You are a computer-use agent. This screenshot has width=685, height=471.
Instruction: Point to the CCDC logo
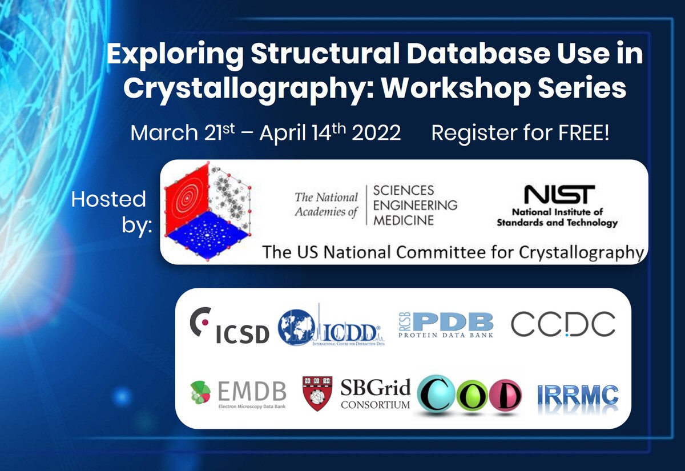tap(563, 324)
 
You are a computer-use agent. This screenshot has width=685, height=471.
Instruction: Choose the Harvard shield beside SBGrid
tap(317, 393)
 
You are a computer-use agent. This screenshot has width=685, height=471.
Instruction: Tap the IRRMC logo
tap(578, 395)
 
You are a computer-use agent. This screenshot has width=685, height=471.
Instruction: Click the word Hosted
tap(108, 199)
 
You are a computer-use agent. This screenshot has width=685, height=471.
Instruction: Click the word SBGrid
tap(375, 389)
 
